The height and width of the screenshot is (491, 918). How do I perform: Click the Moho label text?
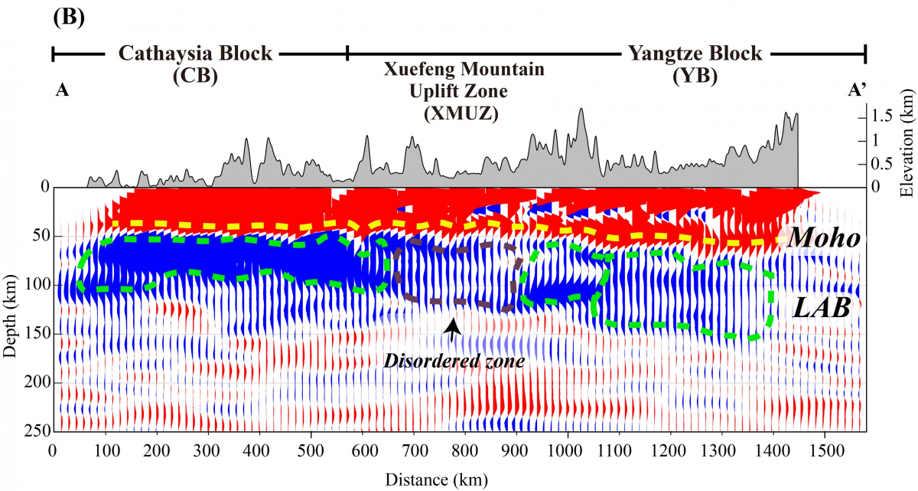tap(824, 238)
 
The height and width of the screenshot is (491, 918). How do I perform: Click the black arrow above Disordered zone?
tap(453, 330)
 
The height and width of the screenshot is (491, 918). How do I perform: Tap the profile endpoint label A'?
tap(856, 90)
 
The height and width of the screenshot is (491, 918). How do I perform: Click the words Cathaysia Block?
tap(194, 54)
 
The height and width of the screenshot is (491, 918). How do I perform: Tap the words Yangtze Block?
tap(695, 54)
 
